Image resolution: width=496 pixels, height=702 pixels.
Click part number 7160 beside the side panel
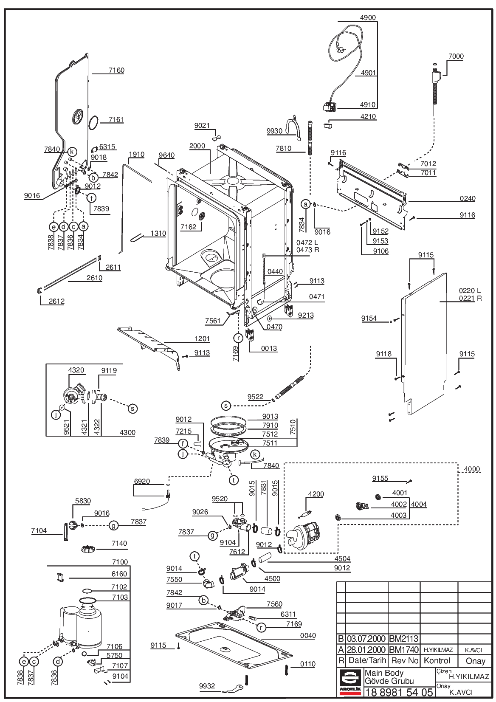click(x=116, y=70)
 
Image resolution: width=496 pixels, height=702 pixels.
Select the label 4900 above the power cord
click(x=367, y=17)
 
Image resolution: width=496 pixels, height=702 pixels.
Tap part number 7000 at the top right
click(x=456, y=56)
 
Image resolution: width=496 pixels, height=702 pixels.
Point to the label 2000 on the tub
click(x=197, y=146)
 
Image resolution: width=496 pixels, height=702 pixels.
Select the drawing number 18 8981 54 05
click(x=399, y=692)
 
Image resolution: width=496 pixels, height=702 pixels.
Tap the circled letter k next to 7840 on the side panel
click(x=72, y=152)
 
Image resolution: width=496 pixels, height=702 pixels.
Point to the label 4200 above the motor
click(x=316, y=494)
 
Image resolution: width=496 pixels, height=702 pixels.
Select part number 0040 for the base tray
click(x=308, y=636)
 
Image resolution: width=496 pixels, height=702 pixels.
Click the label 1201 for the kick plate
click(x=202, y=339)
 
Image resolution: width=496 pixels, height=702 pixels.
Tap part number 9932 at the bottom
click(x=207, y=686)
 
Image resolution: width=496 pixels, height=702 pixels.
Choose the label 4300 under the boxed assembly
click(x=127, y=433)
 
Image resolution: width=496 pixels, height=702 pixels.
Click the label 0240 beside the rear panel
click(x=468, y=199)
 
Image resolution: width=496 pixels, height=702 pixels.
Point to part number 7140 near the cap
click(x=119, y=544)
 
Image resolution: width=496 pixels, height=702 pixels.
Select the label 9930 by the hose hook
click(x=274, y=131)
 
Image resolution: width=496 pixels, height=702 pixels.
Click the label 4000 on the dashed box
click(x=472, y=469)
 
